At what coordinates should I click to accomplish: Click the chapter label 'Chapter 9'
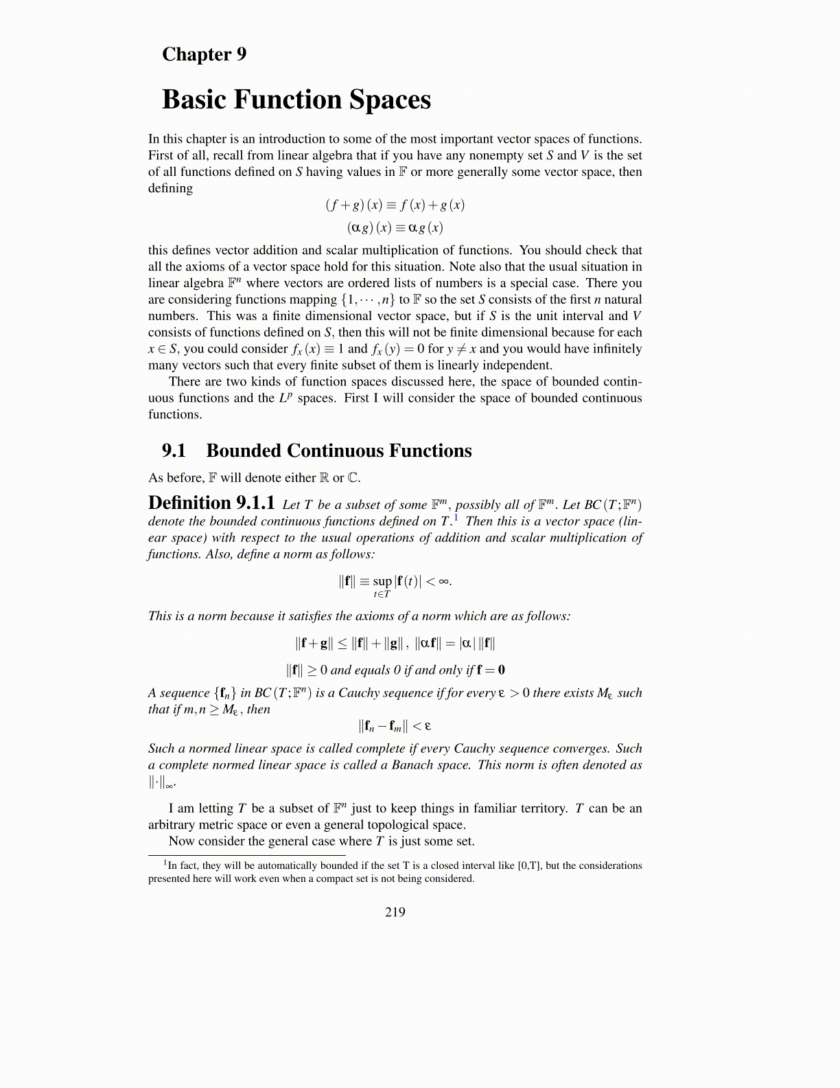[204, 54]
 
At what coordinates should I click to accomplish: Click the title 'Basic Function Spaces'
[296, 100]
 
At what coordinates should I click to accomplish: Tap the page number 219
[395, 912]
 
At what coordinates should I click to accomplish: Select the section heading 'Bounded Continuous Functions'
[339, 451]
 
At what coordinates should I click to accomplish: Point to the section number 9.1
[174, 451]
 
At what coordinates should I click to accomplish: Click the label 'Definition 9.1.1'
[211, 503]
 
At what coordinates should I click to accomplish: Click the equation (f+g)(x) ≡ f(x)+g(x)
[395, 205]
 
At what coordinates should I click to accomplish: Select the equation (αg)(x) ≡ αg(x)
[395, 227]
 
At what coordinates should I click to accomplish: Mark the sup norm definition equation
[395, 582]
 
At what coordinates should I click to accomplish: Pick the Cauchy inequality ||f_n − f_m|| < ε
[395, 726]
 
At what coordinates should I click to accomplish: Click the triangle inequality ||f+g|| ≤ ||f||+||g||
[350, 644]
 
